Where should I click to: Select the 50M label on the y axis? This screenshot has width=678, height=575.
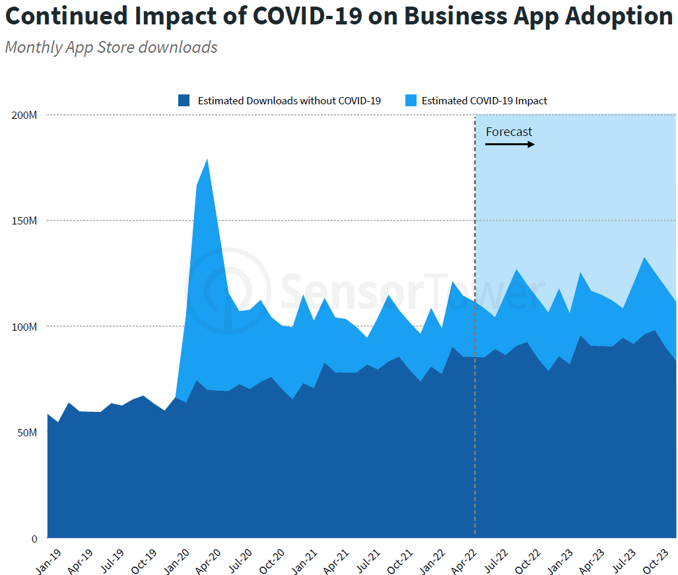point(26,432)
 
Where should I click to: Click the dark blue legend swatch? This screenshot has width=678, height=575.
point(184,101)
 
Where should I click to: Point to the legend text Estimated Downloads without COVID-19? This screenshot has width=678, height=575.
point(289,101)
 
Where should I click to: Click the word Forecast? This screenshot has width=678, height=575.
point(508,132)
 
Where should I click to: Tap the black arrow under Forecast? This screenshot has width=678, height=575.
point(510,144)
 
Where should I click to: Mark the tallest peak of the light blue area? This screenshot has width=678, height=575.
point(207,159)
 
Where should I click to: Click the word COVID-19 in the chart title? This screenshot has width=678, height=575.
point(307,17)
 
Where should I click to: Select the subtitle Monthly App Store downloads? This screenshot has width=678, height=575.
point(111,48)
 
